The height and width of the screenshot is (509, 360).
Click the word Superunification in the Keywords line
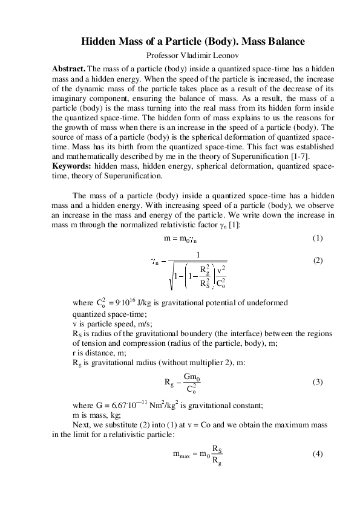133,177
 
